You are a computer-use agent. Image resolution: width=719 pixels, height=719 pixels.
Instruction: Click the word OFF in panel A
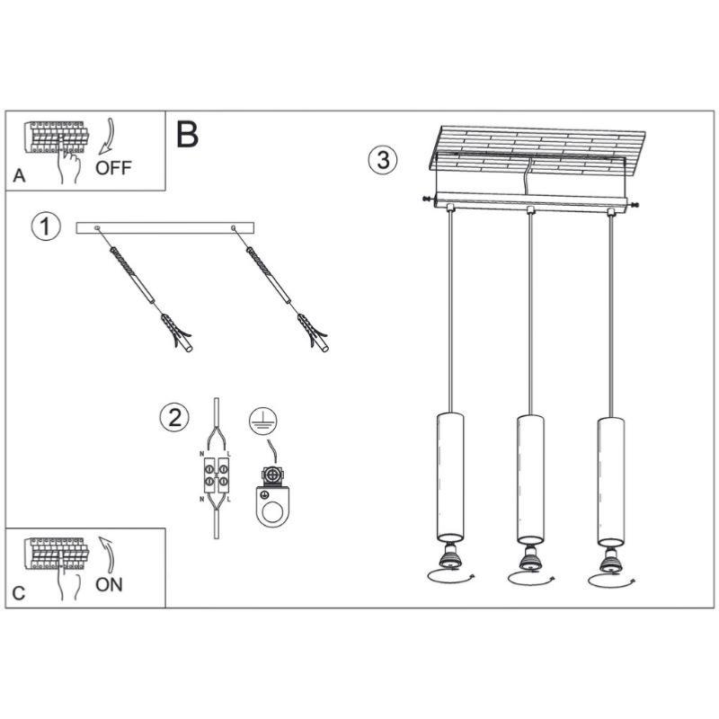113,168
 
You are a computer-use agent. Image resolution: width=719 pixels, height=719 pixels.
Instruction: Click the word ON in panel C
109,584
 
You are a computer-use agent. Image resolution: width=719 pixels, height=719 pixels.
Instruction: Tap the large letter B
187,135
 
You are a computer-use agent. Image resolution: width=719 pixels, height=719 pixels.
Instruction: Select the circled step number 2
174,417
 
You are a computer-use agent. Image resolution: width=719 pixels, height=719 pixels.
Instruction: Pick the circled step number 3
382,160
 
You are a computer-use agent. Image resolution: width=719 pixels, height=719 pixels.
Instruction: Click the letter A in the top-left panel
19,177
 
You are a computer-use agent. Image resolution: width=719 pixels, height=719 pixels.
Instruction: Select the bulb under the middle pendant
528,561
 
